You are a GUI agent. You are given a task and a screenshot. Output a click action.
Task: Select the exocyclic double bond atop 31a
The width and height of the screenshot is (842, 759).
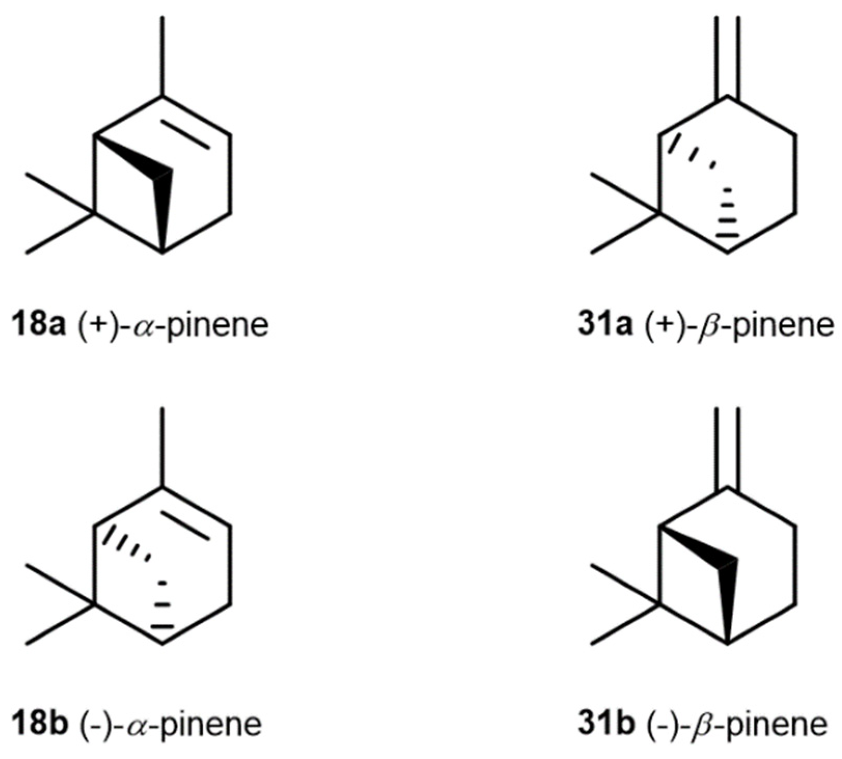click(x=727, y=57)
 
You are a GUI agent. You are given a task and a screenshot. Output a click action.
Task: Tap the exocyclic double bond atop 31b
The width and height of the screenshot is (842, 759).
click(x=727, y=449)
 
